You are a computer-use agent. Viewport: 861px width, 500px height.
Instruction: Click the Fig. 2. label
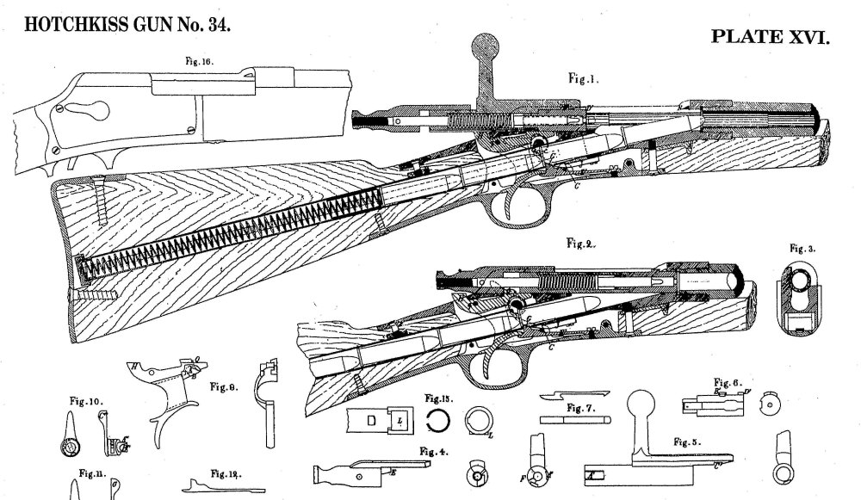pos(582,244)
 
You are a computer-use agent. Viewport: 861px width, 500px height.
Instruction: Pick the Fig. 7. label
pos(584,405)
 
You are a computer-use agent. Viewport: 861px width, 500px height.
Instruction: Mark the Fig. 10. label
pos(86,400)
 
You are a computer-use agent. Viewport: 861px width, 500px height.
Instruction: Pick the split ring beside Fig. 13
pos(439,419)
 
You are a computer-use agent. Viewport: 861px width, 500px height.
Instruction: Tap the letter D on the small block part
pos(371,421)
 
